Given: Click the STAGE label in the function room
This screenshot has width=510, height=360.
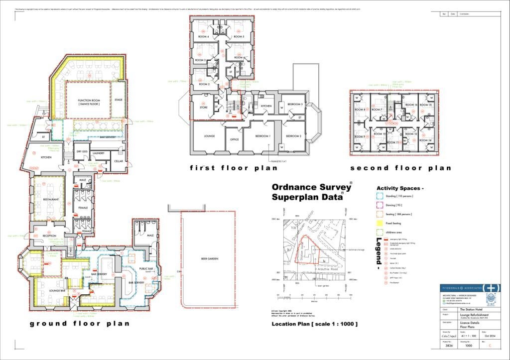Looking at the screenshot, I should coord(119,100).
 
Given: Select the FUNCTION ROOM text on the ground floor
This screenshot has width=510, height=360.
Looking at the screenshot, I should coord(89,102).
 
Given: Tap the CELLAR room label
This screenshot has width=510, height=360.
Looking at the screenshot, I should coord(118,161).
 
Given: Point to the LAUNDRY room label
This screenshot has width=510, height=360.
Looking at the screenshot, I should coord(98,153).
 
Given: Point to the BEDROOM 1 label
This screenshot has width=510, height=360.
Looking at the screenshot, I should coord(262,136).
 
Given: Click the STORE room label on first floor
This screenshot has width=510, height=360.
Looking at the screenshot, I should coord(203,107).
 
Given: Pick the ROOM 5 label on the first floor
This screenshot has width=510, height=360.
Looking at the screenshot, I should coord(239,37).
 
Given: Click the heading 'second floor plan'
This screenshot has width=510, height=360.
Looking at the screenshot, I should coord(400,168).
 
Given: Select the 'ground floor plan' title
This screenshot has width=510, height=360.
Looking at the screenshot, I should coord(80,324).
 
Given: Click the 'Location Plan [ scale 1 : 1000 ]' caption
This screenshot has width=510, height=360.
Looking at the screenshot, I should coord(314,324).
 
